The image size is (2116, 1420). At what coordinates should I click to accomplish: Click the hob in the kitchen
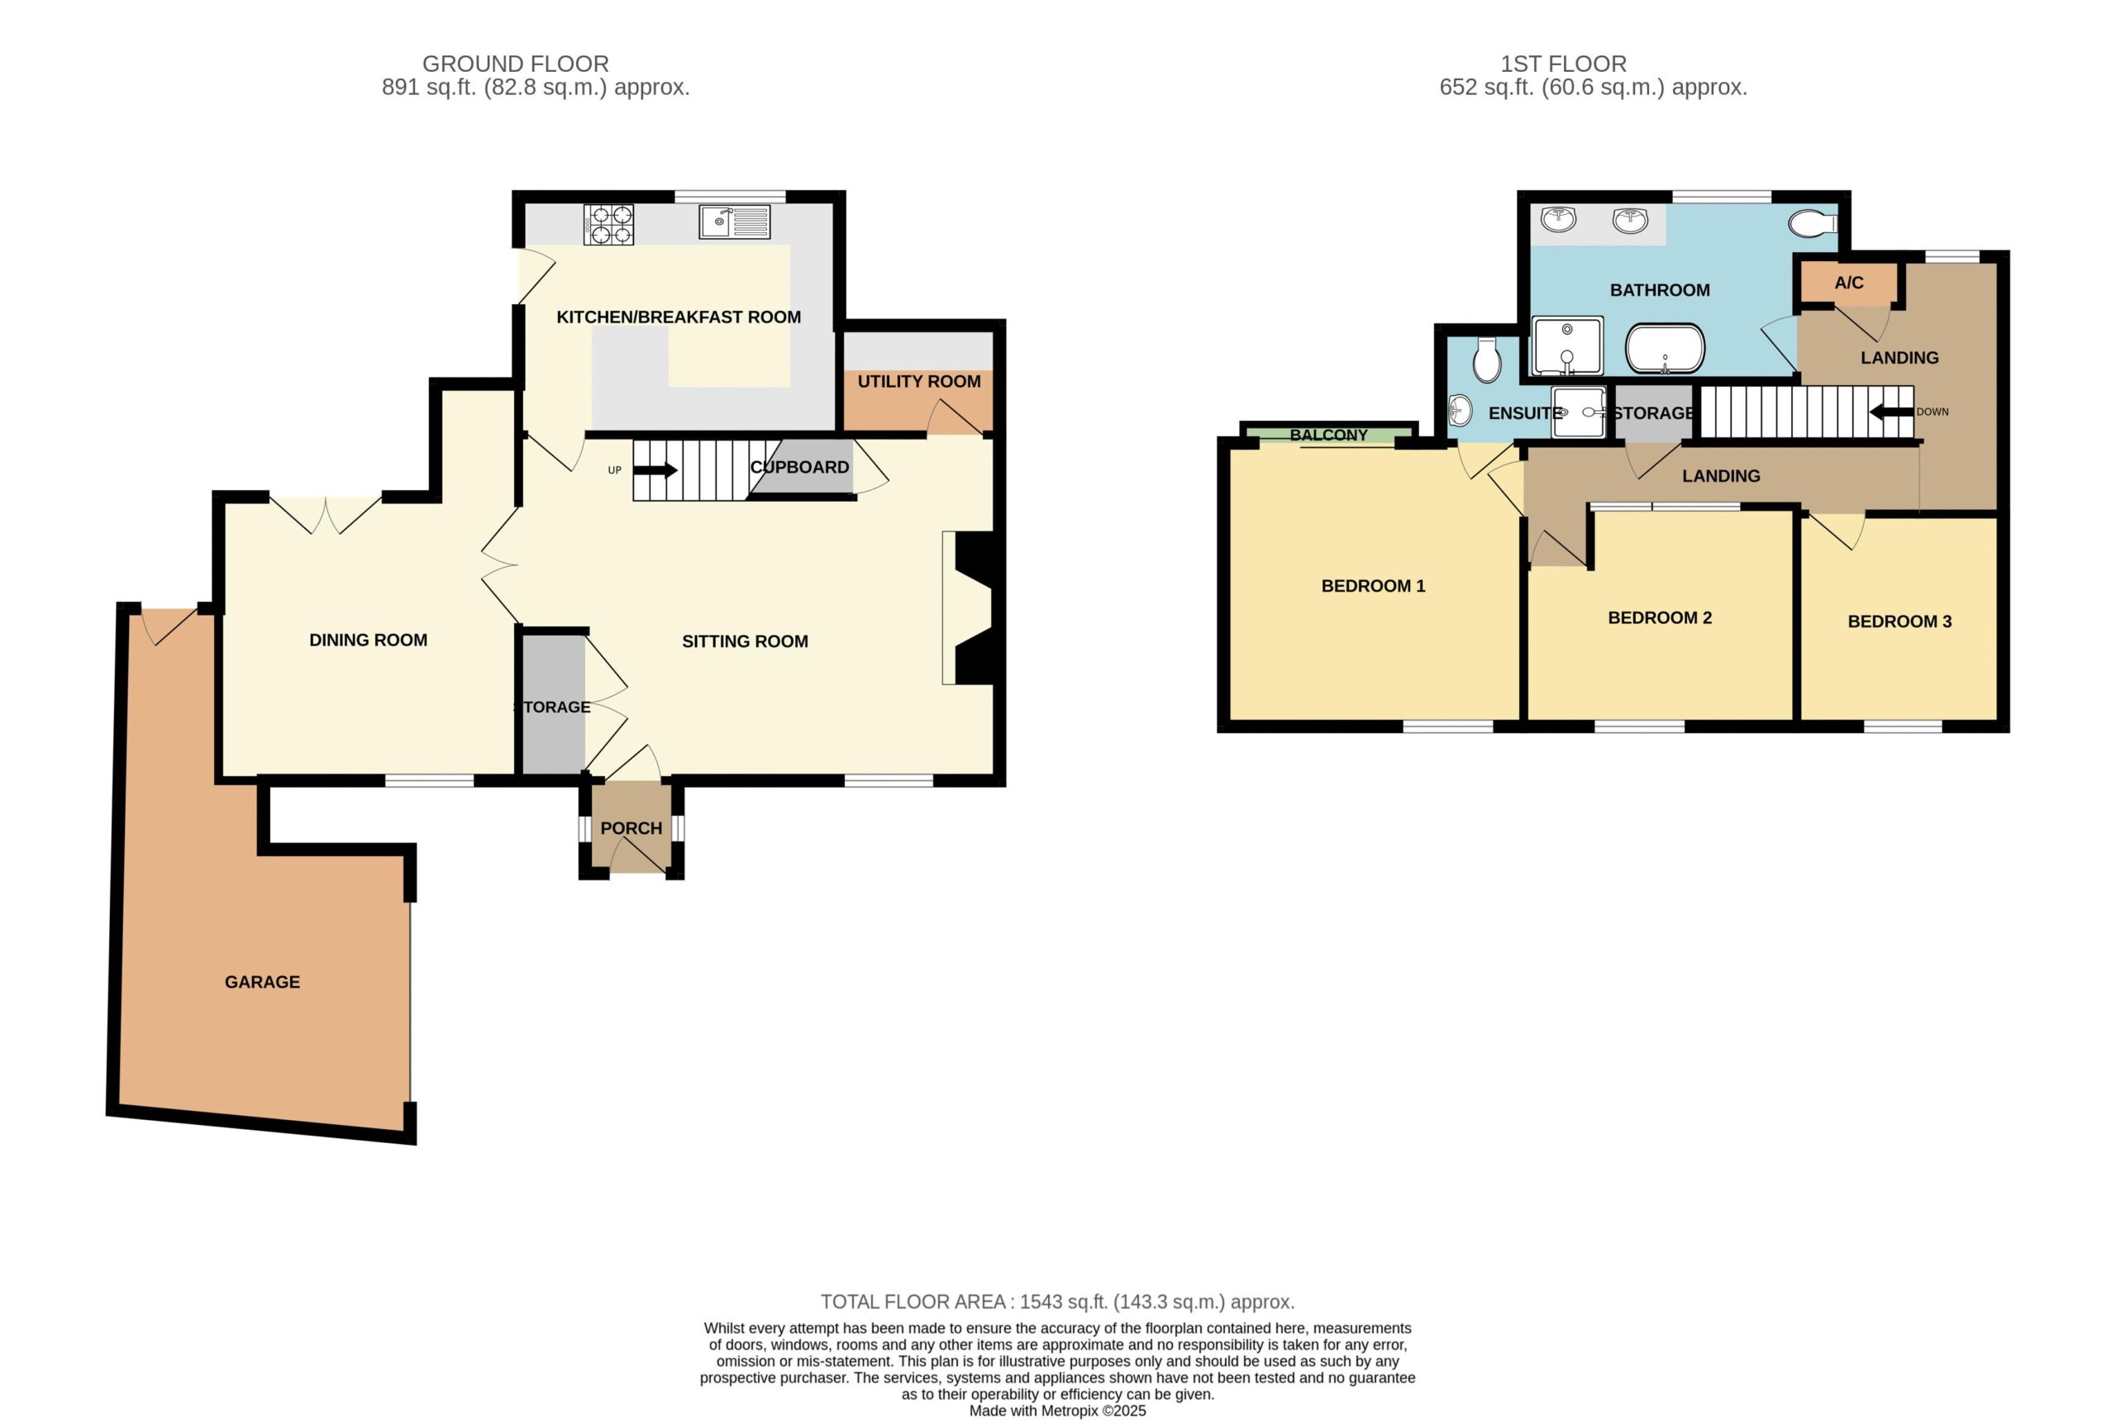click(x=608, y=225)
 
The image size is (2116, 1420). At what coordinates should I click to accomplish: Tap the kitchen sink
click(x=734, y=222)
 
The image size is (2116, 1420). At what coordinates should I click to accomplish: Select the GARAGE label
click(x=263, y=982)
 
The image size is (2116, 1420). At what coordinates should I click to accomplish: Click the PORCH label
click(x=631, y=827)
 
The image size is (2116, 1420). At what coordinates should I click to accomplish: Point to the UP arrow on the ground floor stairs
click(x=655, y=470)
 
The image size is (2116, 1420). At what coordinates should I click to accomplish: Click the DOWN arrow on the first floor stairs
click(x=1891, y=412)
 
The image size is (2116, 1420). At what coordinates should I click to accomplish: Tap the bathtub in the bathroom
click(x=1665, y=349)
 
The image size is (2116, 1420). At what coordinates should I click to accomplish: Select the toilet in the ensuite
click(x=1487, y=360)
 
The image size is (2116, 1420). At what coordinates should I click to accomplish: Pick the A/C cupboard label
click(x=1849, y=283)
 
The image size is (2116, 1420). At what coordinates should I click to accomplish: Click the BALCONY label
click(x=1328, y=435)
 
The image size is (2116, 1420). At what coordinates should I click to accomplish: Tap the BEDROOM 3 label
click(x=1899, y=622)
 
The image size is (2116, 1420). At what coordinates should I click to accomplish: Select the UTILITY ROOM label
click(x=919, y=381)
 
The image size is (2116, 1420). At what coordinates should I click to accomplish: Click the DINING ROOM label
click(x=369, y=641)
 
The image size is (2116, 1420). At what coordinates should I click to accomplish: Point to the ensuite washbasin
click(x=1460, y=410)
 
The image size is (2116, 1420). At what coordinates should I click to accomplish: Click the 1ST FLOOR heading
click(x=1564, y=64)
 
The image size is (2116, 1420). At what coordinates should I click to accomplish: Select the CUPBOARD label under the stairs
click(x=799, y=467)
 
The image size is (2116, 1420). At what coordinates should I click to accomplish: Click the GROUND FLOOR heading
click(x=515, y=64)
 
